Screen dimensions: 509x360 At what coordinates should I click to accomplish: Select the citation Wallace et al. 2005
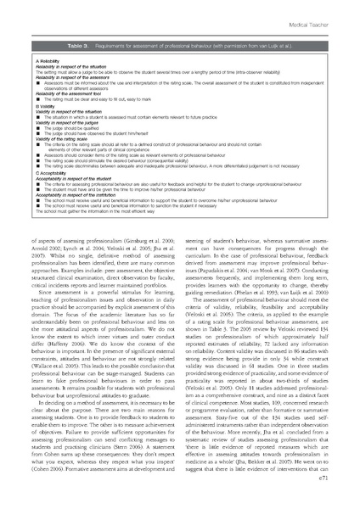coord(71,370)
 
